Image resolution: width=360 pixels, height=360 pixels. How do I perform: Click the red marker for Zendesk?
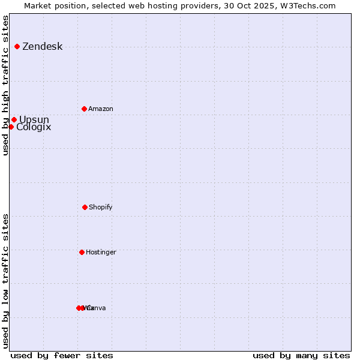tap(17, 46)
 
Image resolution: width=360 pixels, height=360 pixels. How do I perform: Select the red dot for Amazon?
tap(84, 109)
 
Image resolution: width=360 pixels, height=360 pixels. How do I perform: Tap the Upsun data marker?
tap(14, 119)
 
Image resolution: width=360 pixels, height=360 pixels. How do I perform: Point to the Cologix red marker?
tap(11, 127)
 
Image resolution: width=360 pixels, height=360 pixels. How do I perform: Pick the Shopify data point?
tap(85, 207)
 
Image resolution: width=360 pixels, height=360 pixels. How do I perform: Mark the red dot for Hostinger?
tap(82, 252)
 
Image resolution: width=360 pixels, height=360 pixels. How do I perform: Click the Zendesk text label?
tap(42, 47)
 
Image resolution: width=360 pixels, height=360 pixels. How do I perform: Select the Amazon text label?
tap(101, 109)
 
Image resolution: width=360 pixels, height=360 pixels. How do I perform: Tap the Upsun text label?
tap(34, 119)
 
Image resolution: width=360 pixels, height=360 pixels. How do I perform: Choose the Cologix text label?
tap(34, 127)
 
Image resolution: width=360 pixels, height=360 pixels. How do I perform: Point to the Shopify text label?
tap(101, 208)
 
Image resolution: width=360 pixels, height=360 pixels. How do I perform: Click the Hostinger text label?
tap(101, 253)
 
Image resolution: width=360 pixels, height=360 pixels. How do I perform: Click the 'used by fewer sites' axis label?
tap(62, 356)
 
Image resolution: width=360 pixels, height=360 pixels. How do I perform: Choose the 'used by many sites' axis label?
tap(301, 356)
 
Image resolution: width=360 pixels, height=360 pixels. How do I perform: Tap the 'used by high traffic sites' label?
tap(6, 85)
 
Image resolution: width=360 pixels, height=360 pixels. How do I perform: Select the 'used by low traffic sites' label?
tap(6, 281)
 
